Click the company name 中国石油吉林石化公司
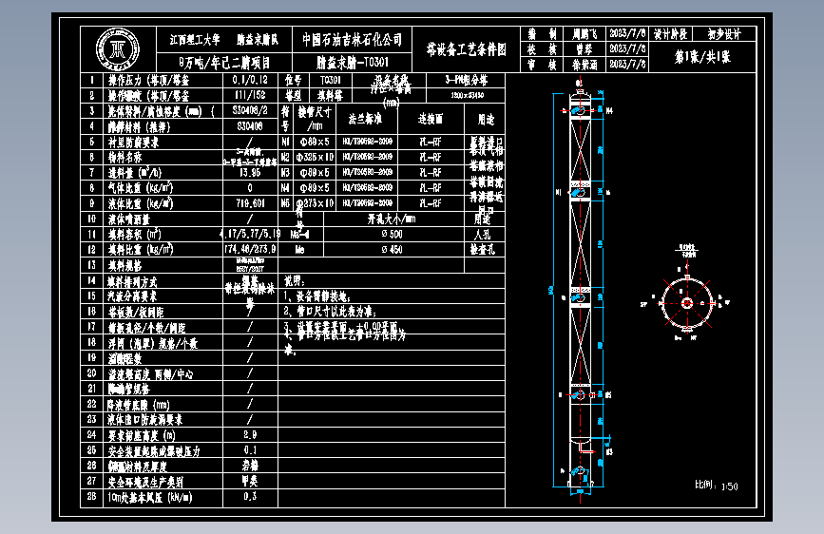(352, 40)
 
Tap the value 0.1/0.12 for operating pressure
(250, 81)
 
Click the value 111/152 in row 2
(250, 96)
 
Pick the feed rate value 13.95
(250, 172)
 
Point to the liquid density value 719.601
(250, 202)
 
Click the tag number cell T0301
(330, 81)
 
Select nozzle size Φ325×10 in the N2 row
(316, 157)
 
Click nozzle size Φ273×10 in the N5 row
(316, 202)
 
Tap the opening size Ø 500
(391, 233)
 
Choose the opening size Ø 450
(391, 249)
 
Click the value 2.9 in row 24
(250, 433)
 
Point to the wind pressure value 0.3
(250, 495)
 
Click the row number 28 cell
(91, 495)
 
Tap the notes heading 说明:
(294, 280)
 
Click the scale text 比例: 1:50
(717, 486)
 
